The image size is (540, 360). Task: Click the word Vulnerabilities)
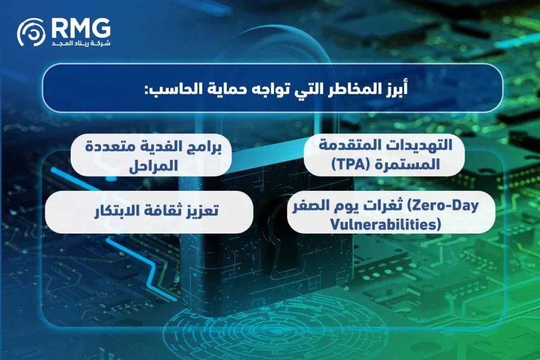coord(385,224)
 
